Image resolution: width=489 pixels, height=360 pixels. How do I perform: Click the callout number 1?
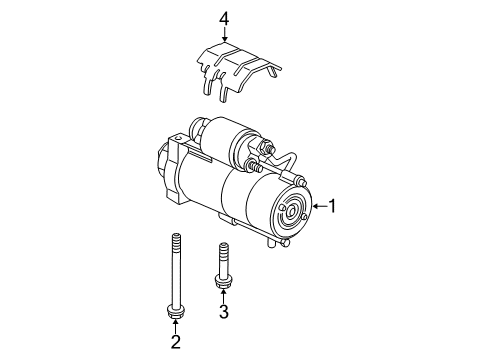[x=333, y=206]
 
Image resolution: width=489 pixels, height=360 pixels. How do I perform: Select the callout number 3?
[x=223, y=313]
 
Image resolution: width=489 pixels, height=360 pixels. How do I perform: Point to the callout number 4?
[x=224, y=17]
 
